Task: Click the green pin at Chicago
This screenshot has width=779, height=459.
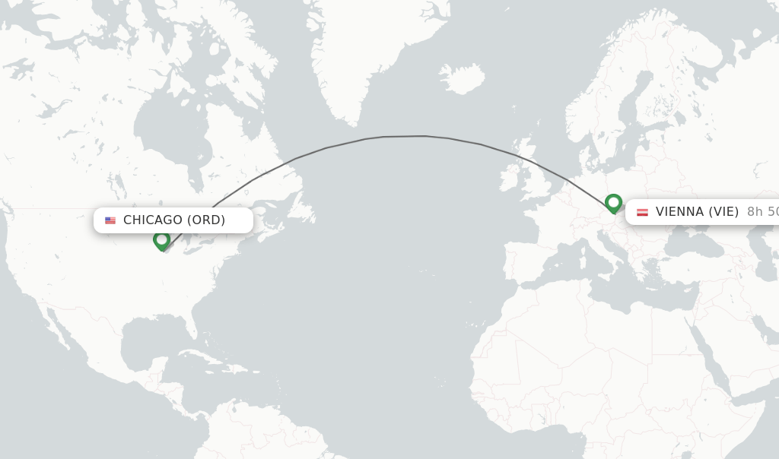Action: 161,240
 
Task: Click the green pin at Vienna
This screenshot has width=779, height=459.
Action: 613,203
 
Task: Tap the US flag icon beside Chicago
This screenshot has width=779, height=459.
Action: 110,220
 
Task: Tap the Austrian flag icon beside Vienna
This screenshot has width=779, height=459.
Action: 642,212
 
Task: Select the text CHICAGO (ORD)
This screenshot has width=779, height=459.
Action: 174,220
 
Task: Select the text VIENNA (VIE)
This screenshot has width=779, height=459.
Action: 697,212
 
